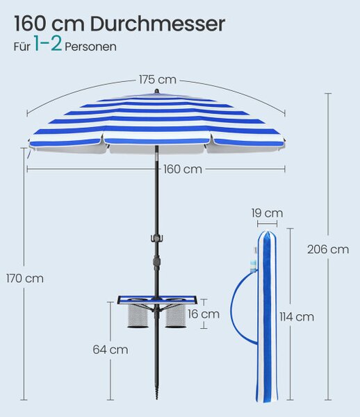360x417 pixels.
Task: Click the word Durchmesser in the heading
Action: (157, 24)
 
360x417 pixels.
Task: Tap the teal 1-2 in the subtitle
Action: (48, 44)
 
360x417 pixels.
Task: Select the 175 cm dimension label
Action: (158, 79)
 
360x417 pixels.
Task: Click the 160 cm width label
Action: (182, 169)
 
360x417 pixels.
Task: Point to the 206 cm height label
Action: (328, 250)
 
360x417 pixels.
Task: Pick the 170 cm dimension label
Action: (25, 279)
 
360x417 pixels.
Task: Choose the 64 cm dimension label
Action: (111, 350)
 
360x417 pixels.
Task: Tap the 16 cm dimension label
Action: (204, 314)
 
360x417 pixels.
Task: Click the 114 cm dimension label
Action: (297, 317)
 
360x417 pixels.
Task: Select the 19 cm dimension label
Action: (267, 213)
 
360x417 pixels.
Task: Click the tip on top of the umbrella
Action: (156, 91)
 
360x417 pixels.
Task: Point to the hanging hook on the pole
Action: (156, 238)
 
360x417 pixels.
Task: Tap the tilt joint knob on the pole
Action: (157, 261)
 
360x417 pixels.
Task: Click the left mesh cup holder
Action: (138, 315)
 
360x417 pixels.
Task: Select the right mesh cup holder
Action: (175, 315)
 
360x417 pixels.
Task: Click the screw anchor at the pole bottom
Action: (157, 390)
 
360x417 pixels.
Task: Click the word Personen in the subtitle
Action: (90, 47)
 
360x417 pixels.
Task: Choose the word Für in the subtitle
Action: (22, 47)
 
